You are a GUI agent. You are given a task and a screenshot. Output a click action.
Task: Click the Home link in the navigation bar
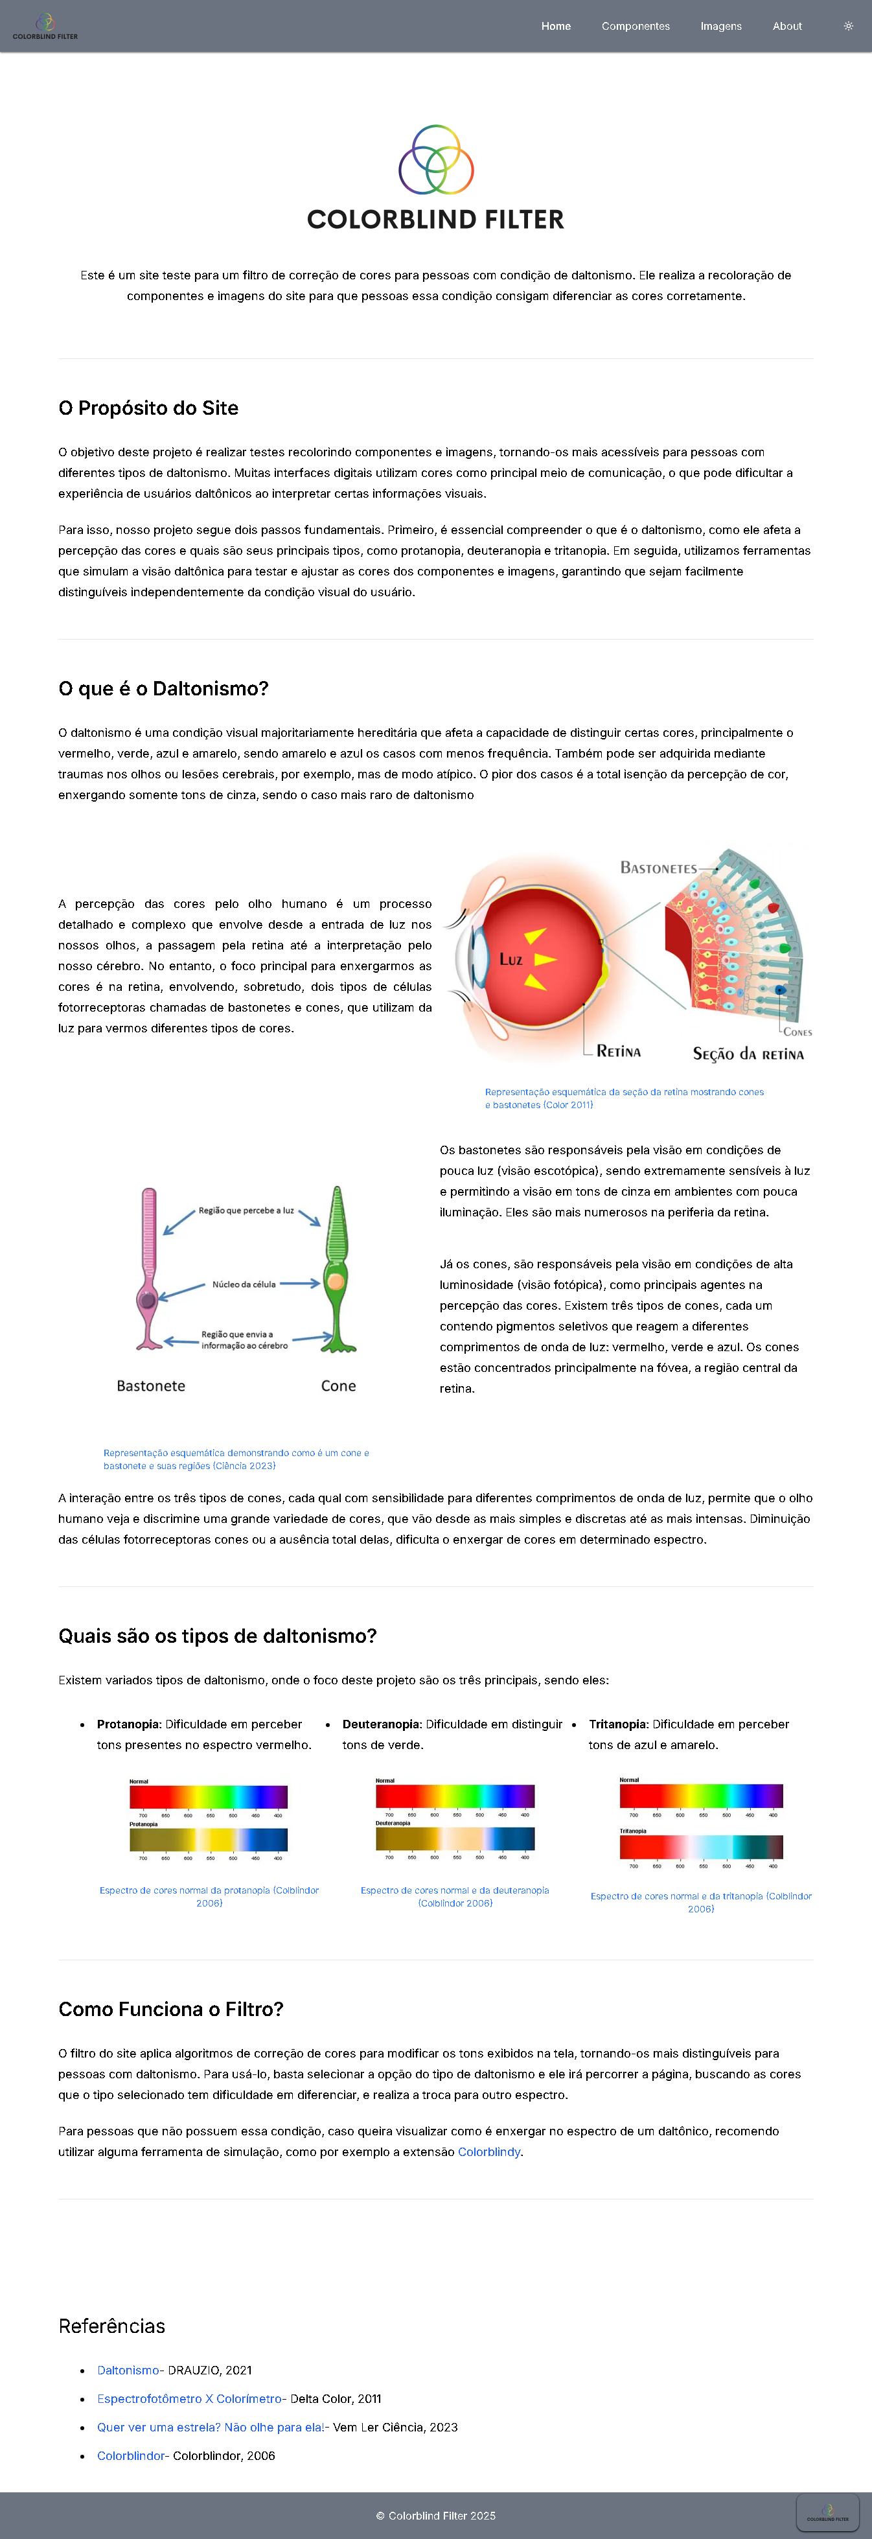click(556, 27)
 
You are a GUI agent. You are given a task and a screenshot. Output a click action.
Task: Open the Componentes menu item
click(636, 27)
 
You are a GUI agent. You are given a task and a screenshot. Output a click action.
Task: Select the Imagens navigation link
click(720, 27)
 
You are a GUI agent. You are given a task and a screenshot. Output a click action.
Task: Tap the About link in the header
click(786, 27)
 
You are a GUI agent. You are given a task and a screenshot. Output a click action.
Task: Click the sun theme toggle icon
click(848, 27)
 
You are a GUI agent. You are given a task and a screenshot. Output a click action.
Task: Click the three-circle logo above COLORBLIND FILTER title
click(435, 159)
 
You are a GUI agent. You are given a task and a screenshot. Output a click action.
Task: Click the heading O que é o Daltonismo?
click(163, 689)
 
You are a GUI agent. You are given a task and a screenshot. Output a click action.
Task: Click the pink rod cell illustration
click(149, 1266)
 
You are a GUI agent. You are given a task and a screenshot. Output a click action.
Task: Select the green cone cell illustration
click(337, 1266)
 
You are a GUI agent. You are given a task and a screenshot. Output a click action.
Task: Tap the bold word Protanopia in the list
click(128, 1724)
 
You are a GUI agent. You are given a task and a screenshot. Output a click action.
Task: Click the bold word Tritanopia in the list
click(618, 1724)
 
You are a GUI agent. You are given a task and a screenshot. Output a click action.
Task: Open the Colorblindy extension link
click(488, 2151)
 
